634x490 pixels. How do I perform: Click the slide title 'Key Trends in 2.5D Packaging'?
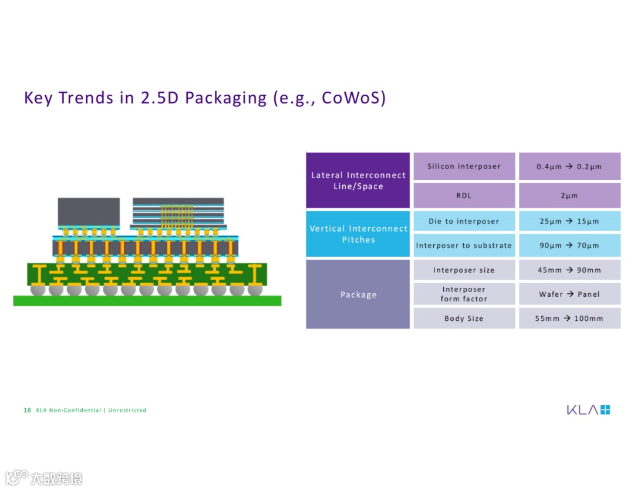[205, 98]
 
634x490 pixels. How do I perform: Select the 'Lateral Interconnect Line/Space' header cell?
[358, 180]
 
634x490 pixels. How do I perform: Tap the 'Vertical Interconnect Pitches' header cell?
[358, 234]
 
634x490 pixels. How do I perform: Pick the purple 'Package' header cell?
[358, 294]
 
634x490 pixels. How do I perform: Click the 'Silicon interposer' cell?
[464, 166]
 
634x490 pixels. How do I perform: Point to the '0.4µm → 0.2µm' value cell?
[569, 166]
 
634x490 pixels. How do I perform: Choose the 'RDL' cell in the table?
[464, 196]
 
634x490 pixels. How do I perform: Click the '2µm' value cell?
[569, 196]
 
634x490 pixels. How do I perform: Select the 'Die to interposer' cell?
[464, 221]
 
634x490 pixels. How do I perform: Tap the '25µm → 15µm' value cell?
[569, 221]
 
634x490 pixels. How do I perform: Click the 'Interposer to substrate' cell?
[464, 246]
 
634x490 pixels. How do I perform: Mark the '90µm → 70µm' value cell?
[569, 246]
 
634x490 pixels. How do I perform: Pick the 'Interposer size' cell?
[464, 270]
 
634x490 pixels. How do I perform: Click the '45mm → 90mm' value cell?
[569, 270]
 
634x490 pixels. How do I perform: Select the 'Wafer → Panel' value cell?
[569, 294]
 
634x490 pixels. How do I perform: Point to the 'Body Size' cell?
[464, 318]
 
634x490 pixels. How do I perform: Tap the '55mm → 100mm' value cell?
[569, 318]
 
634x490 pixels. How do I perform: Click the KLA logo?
[588, 410]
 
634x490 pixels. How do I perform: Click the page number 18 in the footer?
[27, 410]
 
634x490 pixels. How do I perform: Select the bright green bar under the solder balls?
[147, 301]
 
